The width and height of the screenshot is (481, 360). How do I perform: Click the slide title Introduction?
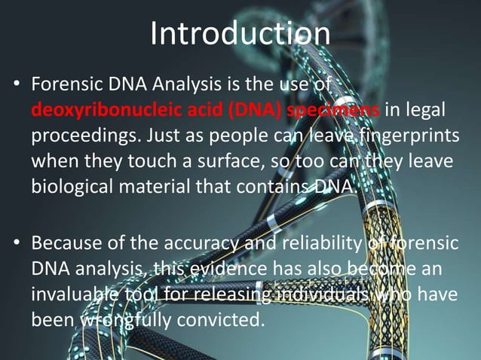240,33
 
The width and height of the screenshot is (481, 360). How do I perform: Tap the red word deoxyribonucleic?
106,111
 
